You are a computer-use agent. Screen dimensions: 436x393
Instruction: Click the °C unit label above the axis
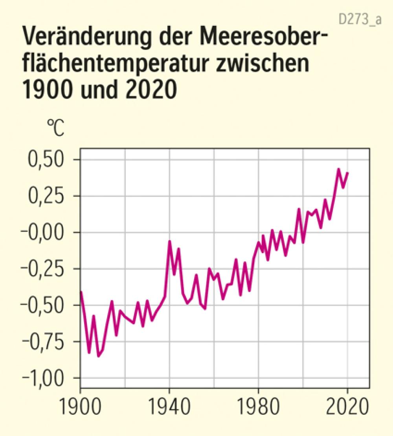55,129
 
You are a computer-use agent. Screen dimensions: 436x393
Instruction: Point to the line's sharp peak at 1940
169,241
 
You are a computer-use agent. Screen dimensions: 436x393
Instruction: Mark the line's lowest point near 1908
98,356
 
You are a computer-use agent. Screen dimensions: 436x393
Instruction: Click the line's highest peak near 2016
338,169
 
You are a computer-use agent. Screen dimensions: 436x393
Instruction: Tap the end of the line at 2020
348,173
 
